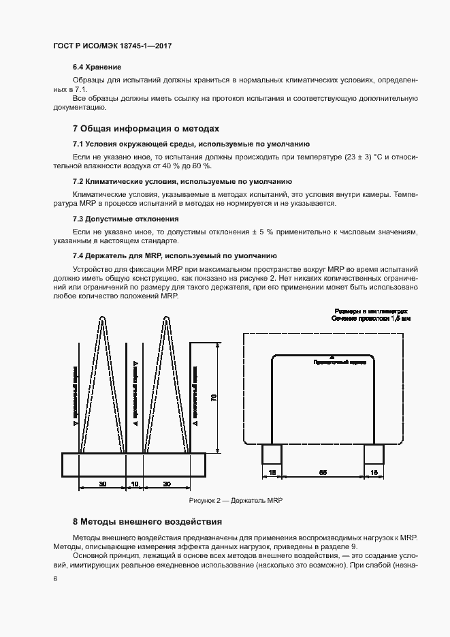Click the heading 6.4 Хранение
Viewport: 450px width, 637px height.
(97, 67)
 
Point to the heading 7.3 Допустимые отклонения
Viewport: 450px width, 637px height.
(126, 219)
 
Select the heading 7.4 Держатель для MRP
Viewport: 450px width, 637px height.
(174, 255)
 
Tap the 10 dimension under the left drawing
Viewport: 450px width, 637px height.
(135, 483)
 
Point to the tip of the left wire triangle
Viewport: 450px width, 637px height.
(102, 317)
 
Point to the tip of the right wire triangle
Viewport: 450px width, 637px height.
(166, 317)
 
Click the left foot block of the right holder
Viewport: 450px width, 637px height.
(272, 454)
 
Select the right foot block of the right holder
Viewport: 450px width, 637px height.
(373, 454)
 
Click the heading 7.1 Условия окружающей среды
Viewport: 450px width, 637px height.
(191, 144)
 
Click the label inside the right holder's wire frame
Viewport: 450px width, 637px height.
(331, 362)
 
